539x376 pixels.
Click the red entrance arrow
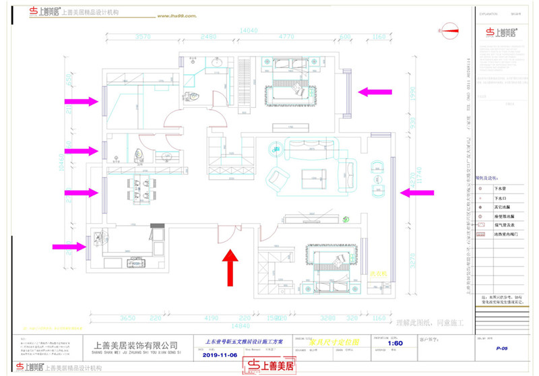(230, 264)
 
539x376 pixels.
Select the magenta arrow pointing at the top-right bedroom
(375, 92)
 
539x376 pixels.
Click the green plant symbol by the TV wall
(346, 218)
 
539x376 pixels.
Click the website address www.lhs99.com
(177, 15)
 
